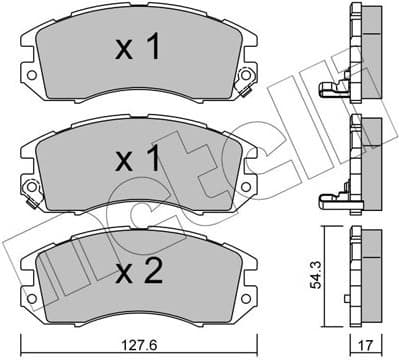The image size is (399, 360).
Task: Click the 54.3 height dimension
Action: tap(319, 274)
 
